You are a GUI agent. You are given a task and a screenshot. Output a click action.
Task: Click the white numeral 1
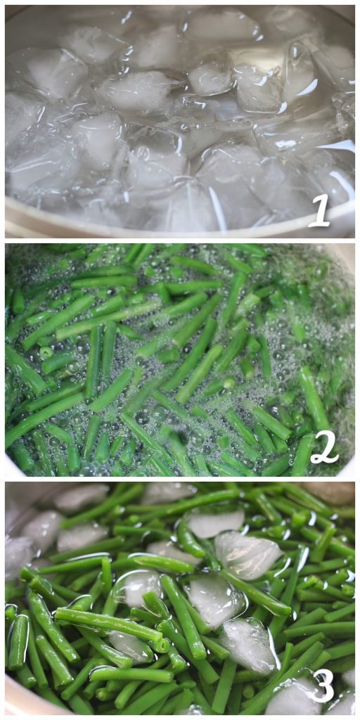pos(320,210)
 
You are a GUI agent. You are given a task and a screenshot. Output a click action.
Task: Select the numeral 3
pos(323,685)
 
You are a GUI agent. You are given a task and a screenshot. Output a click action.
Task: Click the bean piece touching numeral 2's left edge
pos(302,456)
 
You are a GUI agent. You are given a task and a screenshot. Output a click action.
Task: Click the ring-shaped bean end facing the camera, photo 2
pos(46,353)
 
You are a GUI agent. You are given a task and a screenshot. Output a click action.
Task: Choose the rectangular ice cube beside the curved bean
pos(215,522)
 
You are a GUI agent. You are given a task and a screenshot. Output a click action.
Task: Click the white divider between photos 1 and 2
pos(180,240)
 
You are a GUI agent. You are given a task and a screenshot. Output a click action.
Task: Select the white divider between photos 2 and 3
pos(180,479)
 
